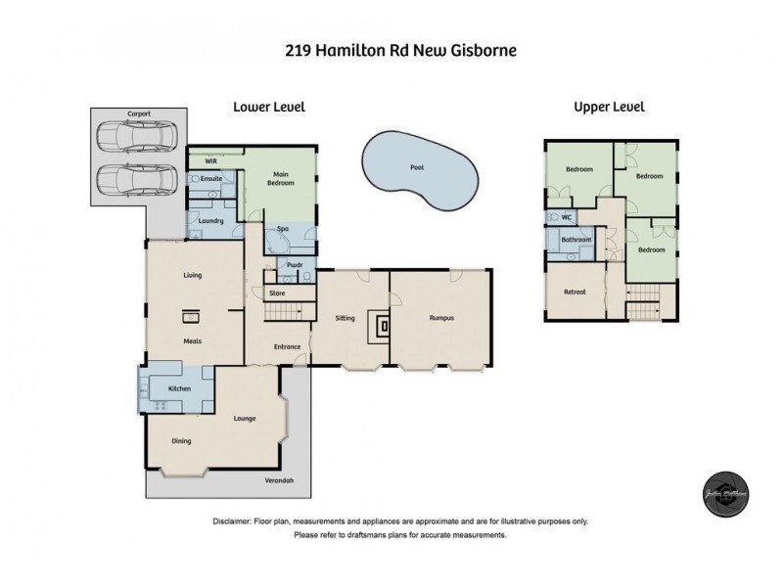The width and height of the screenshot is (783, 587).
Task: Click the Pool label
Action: pos(417,168)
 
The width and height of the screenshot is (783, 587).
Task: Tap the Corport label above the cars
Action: pos(139,114)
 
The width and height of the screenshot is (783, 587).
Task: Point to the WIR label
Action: pos(209,159)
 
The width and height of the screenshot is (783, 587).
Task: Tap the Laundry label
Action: pos(210,221)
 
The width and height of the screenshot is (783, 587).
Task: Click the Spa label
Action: pos(282,228)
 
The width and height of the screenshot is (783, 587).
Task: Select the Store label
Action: pos(277,293)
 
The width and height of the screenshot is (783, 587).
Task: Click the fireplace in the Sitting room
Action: pos(384,326)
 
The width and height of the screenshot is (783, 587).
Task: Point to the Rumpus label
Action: pos(442,318)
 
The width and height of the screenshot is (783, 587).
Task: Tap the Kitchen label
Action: pos(179,389)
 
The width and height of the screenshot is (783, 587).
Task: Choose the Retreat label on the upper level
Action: pos(575,293)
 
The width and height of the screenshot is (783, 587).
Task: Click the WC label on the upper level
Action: pos(565,218)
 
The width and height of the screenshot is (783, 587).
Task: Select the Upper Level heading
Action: pos(609,107)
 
